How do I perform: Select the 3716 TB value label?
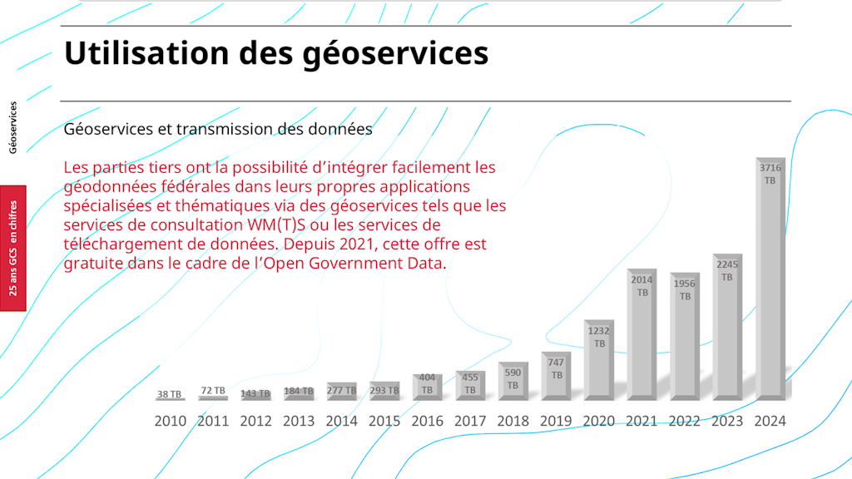tap(770, 174)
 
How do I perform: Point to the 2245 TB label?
tap(727, 270)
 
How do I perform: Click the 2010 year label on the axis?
tap(171, 421)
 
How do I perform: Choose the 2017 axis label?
tap(470, 421)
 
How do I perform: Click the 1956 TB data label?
tap(685, 289)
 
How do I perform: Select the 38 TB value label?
tap(169, 394)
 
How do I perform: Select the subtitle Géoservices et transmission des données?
tap(218, 129)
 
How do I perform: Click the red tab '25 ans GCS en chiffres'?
tap(13, 248)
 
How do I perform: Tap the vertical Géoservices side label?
tap(12, 127)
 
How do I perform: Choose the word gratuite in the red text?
tap(92, 264)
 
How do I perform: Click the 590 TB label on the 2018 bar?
tap(513, 379)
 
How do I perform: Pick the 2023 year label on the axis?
tap(727, 421)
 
